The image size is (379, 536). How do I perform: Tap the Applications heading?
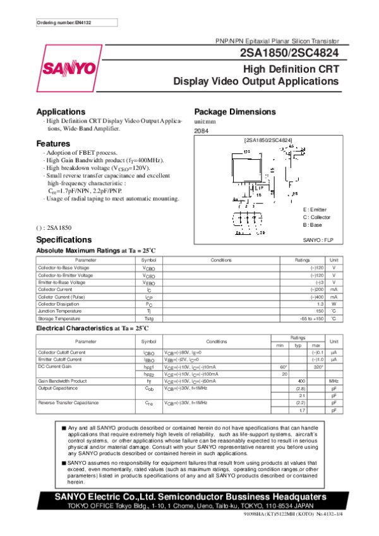point(61,112)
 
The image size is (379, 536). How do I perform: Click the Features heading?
point(53,143)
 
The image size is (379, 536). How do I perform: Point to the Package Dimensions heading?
point(235,112)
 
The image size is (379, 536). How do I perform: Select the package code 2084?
point(201,131)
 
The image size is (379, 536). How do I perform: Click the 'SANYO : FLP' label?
point(318,240)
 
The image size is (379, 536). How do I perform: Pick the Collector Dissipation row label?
point(61,304)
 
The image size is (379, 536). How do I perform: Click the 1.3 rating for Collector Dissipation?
point(320,304)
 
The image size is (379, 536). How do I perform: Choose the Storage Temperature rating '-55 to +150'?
point(312,318)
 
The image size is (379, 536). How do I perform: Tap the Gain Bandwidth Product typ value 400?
point(301,381)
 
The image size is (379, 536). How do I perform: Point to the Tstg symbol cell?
point(148,318)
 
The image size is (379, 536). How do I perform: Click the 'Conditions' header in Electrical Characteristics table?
point(217,341)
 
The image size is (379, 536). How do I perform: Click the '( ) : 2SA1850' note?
point(54,227)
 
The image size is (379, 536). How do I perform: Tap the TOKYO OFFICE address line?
point(189,506)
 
